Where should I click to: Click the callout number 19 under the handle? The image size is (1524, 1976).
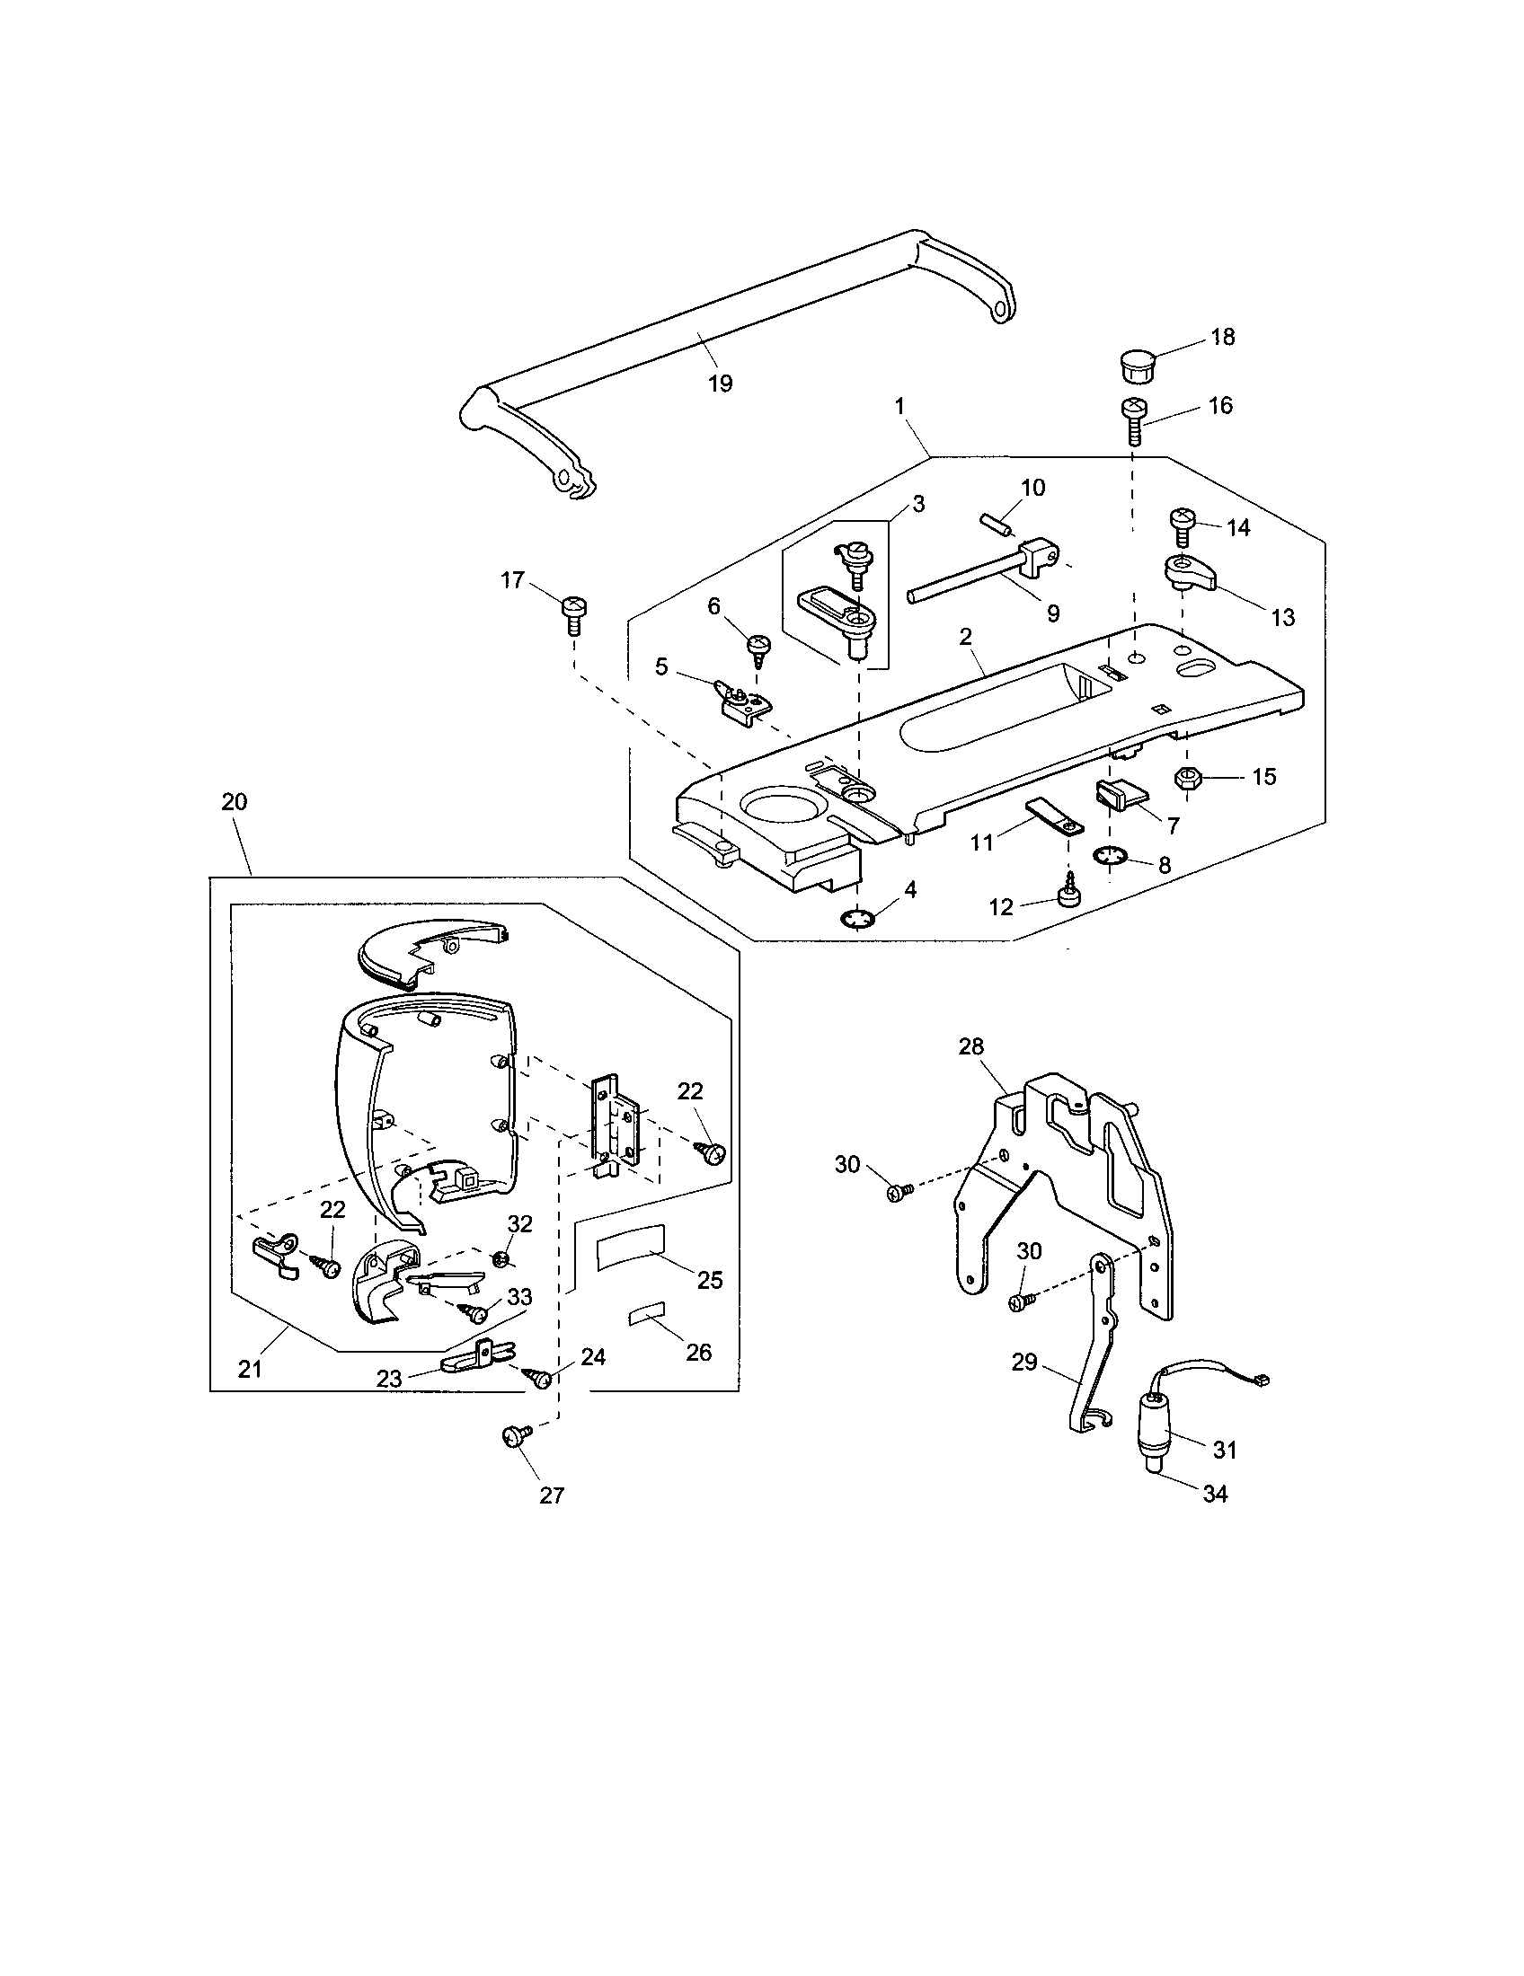[x=720, y=383]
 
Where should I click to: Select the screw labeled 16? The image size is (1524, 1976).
[x=1135, y=421]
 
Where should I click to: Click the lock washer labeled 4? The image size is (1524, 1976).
[x=856, y=920]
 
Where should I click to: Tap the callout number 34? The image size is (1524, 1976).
[x=1215, y=1494]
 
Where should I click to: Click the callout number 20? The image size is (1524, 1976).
[x=234, y=801]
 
